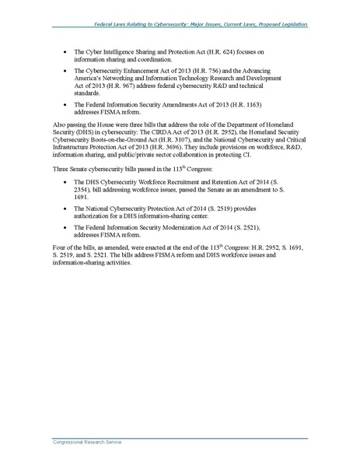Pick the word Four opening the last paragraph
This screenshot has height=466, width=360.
pos(59,247)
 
